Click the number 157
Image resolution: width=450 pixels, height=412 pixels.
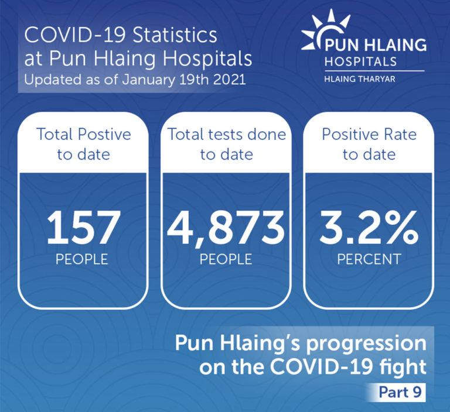tap(83, 227)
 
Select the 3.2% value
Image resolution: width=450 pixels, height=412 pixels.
tap(369, 227)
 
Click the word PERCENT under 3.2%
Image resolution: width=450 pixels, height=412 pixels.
tap(369, 259)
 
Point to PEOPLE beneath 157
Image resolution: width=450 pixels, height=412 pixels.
tap(82, 259)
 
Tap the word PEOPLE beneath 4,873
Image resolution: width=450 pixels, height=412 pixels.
tap(226, 259)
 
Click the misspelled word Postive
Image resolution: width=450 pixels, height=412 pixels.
tap(104, 134)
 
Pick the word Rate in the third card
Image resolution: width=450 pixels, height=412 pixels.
tap(400, 134)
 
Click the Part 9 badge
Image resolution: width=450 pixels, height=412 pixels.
tap(400, 392)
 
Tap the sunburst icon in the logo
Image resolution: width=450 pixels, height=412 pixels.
tap(326, 32)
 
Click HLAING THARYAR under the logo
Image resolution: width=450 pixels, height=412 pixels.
tap(360, 79)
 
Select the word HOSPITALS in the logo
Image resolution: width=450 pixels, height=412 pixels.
tap(360, 61)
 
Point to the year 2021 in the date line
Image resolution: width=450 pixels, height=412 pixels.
tap(230, 79)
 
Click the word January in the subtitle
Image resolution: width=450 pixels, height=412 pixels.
tap(148, 80)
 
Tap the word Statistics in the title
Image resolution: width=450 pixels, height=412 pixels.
tap(175, 35)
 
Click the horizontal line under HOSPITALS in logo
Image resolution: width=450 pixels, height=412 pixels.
tap(374, 71)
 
